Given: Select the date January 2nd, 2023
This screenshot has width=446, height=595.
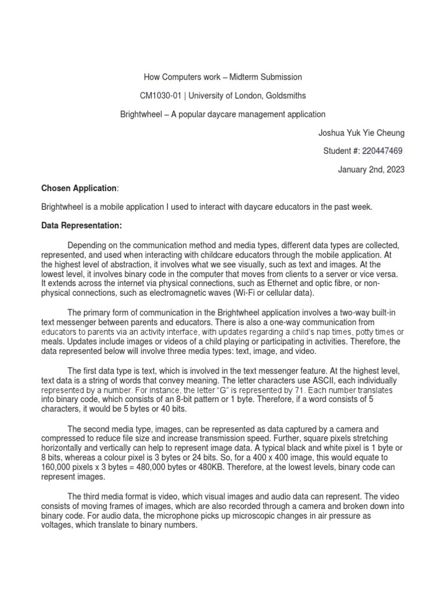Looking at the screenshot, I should (x=371, y=170).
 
